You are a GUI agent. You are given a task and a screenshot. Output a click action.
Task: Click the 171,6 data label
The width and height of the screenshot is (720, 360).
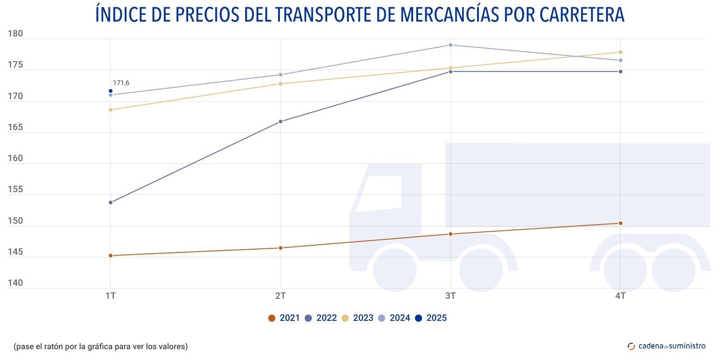click(121, 83)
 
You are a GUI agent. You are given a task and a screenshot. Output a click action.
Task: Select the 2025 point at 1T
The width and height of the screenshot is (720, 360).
click(111, 91)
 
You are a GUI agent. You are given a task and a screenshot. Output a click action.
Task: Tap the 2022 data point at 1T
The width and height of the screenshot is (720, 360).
click(111, 202)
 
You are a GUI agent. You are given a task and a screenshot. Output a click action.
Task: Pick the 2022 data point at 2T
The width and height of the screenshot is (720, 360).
click(281, 121)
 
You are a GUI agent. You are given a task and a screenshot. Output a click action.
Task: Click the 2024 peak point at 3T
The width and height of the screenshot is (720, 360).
click(450, 45)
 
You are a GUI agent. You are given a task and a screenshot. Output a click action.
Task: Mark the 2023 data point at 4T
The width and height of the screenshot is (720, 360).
click(621, 52)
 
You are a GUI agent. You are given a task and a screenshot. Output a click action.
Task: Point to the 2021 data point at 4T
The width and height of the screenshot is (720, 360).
click(621, 223)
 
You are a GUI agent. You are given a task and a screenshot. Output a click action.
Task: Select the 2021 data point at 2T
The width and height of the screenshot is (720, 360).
click(281, 248)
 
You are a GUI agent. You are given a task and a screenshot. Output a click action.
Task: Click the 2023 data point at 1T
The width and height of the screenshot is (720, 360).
click(111, 110)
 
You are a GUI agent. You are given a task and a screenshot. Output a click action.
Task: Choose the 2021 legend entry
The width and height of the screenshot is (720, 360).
click(284, 318)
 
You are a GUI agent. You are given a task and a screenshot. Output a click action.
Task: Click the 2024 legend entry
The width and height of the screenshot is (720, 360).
click(394, 318)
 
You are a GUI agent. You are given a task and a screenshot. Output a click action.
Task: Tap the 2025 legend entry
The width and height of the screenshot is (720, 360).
click(431, 318)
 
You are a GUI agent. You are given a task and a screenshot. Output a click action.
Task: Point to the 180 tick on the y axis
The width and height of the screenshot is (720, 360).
click(15, 34)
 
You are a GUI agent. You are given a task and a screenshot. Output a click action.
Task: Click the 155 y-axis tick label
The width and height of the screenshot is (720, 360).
click(15, 189)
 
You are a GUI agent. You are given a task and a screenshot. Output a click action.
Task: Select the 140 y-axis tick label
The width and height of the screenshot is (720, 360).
click(15, 283)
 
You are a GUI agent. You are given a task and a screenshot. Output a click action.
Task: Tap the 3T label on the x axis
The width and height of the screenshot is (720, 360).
click(450, 296)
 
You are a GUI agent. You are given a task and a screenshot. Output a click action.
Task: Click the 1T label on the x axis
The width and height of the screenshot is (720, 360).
click(111, 296)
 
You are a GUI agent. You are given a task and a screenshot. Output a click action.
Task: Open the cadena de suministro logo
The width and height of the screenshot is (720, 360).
click(666, 346)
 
